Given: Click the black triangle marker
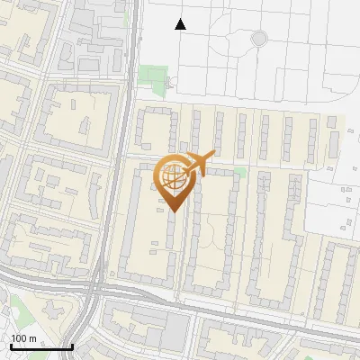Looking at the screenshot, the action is point(181,24).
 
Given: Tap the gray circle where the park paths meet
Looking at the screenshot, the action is point(259,38).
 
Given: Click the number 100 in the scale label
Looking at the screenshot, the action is point(21,338).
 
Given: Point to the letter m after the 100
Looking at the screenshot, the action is point(33,338).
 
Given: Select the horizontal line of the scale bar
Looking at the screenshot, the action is point(41,347).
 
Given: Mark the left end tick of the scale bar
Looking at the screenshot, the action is point(11,346).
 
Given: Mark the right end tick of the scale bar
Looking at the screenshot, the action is point(72,346).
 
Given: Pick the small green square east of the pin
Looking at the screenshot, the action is point(239,171).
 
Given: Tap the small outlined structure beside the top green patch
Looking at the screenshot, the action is point(174,83).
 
